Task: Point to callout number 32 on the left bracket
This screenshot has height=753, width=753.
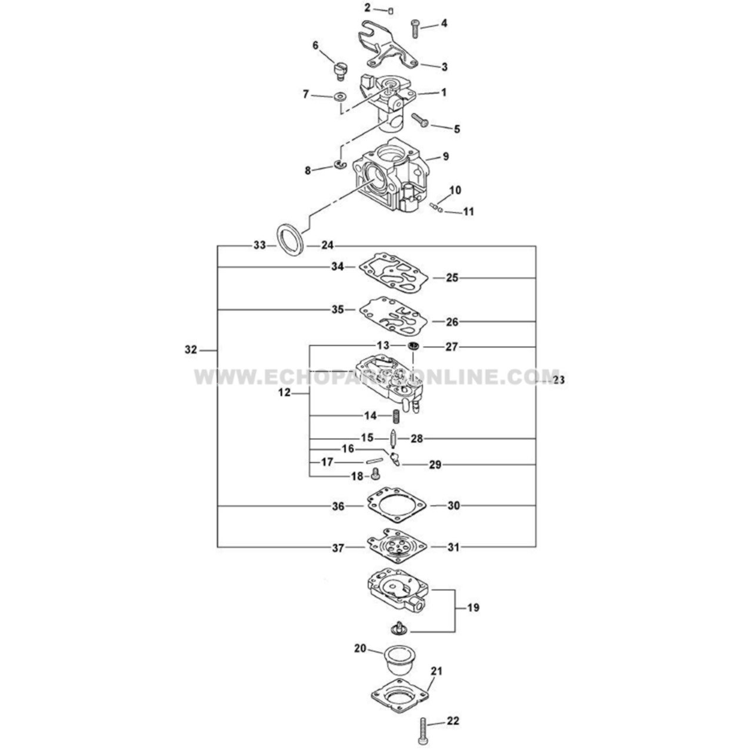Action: [x=191, y=349]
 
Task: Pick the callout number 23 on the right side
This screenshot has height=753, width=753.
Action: [x=558, y=380]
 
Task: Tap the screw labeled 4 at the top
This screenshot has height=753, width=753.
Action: [x=417, y=28]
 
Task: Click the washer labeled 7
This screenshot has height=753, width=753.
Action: [x=340, y=95]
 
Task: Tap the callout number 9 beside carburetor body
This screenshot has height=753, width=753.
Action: [x=445, y=156]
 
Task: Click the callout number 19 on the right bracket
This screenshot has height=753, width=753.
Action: [x=472, y=608]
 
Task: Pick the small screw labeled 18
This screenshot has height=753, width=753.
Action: [x=374, y=474]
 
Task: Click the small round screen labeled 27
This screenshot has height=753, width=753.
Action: [x=415, y=346]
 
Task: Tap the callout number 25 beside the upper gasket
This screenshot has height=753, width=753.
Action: [x=452, y=278]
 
